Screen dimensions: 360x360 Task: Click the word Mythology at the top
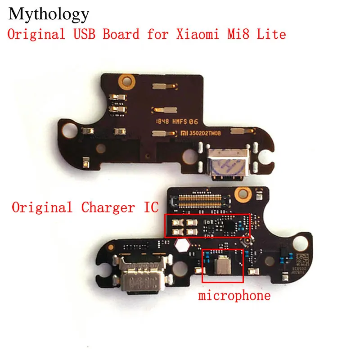[x=49, y=14]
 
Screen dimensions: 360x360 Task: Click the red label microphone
[x=234, y=296]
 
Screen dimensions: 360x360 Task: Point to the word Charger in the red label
[x=106, y=207]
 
